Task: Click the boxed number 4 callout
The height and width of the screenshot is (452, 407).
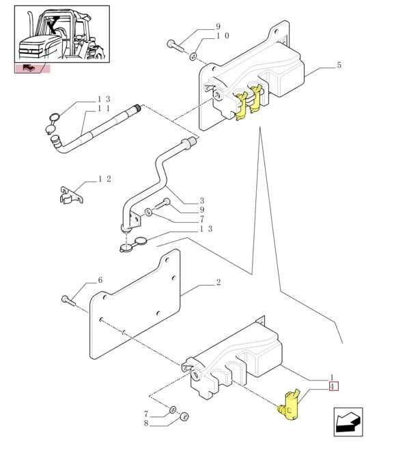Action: (x=333, y=386)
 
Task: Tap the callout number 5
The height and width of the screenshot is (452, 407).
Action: (x=339, y=65)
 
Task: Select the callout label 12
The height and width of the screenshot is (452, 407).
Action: (x=104, y=179)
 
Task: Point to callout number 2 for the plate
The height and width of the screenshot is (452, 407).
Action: (x=219, y=282)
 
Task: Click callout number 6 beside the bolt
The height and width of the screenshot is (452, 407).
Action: (x=100, y=280)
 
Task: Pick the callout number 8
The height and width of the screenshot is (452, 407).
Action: (x=146, y=424)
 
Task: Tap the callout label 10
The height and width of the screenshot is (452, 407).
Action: (x=223, y=35)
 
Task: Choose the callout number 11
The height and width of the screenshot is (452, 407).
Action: (x=104, y=108)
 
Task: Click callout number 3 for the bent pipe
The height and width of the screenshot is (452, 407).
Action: (x=201, y=200)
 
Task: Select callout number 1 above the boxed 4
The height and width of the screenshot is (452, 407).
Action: (x=332, y=377)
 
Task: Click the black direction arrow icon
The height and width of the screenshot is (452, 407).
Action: (x=348, y=422)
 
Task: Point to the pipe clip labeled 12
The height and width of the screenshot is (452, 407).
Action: (x=72, y=195)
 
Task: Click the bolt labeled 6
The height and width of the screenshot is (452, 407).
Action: (x=68, y=300)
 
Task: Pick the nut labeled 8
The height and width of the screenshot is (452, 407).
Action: (x=184, y=416)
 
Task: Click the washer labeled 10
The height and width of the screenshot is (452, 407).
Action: (x=193, y=56)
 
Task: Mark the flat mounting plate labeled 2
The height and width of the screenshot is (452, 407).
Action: (x=135, y=304)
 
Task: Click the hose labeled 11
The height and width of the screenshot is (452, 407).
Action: (x=95, y=128)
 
